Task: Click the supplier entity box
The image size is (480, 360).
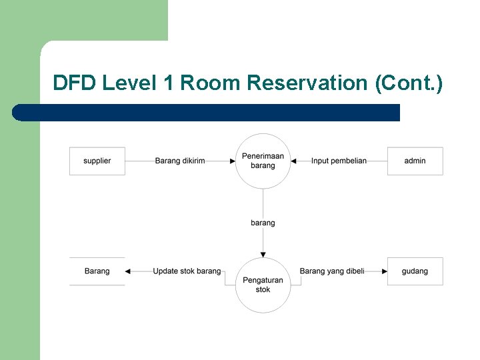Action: (x=97, y=161)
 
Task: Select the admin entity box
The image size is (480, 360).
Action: (x=415, y=161)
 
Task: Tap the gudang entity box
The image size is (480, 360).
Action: (x=415, y=271)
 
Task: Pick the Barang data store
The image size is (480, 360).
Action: (x=97, y=271)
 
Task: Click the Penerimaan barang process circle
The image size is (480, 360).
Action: (x=263, y=161)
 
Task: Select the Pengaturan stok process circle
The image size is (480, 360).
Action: (x=263, y=285)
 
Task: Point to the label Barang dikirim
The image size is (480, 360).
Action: (x=180, y=161)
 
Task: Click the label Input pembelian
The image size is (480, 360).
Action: (x=339, y=161)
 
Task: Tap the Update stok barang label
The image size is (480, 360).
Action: (x=187, y=271)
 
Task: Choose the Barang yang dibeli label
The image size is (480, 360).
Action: (x=332, y=271)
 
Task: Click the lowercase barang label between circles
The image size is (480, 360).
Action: (x=263, y=223)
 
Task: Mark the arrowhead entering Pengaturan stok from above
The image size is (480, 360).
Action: (x=263, y=254)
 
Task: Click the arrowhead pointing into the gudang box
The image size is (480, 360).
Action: (x=384, y=271)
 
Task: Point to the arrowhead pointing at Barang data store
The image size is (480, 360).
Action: (x=129, y=271)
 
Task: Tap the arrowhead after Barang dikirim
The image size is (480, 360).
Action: (x=231, y=161)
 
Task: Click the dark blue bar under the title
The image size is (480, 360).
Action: (x=207, y=113)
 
